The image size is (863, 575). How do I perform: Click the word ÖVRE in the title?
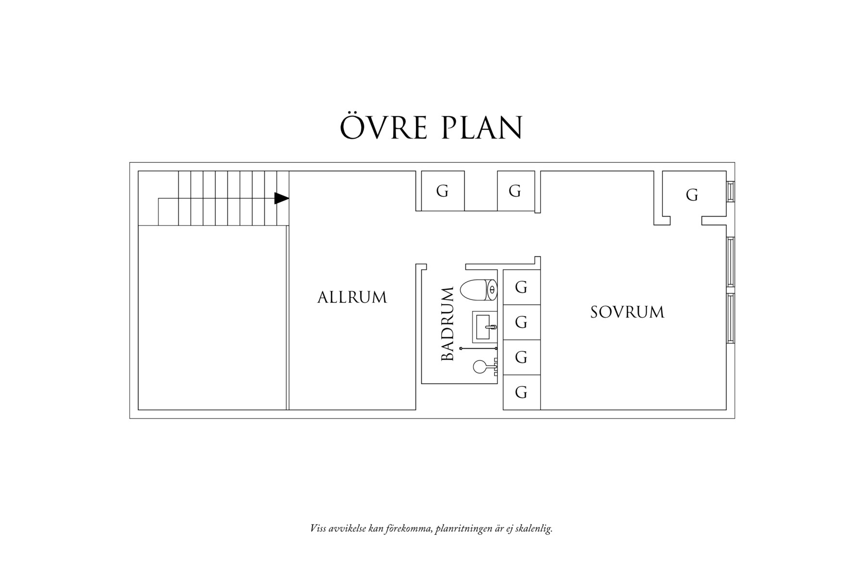tap(383, 128)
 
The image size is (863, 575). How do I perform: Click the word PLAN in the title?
tap(483, 128)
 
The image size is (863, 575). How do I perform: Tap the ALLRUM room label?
tap(352, 297)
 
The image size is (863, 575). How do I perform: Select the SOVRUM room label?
tap(627, 312)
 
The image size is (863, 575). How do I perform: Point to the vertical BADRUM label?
tap(447, 324)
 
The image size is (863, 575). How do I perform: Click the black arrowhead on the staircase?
tap(282, 198)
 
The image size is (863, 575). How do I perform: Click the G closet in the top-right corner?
tap(692, 195)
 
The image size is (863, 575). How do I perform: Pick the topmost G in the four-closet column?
tap(521, 288)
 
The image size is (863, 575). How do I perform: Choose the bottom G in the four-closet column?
tap(521, 392)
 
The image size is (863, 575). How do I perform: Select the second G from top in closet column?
tap(521, 322)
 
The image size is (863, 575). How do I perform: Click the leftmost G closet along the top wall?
tap(442, 191)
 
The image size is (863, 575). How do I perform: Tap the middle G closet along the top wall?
tap(515, 191)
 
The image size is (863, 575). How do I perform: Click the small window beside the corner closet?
tap(730, 191)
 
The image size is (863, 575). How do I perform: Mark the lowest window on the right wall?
tap(730, 318)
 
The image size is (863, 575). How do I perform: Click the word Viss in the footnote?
tap(318, 528)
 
